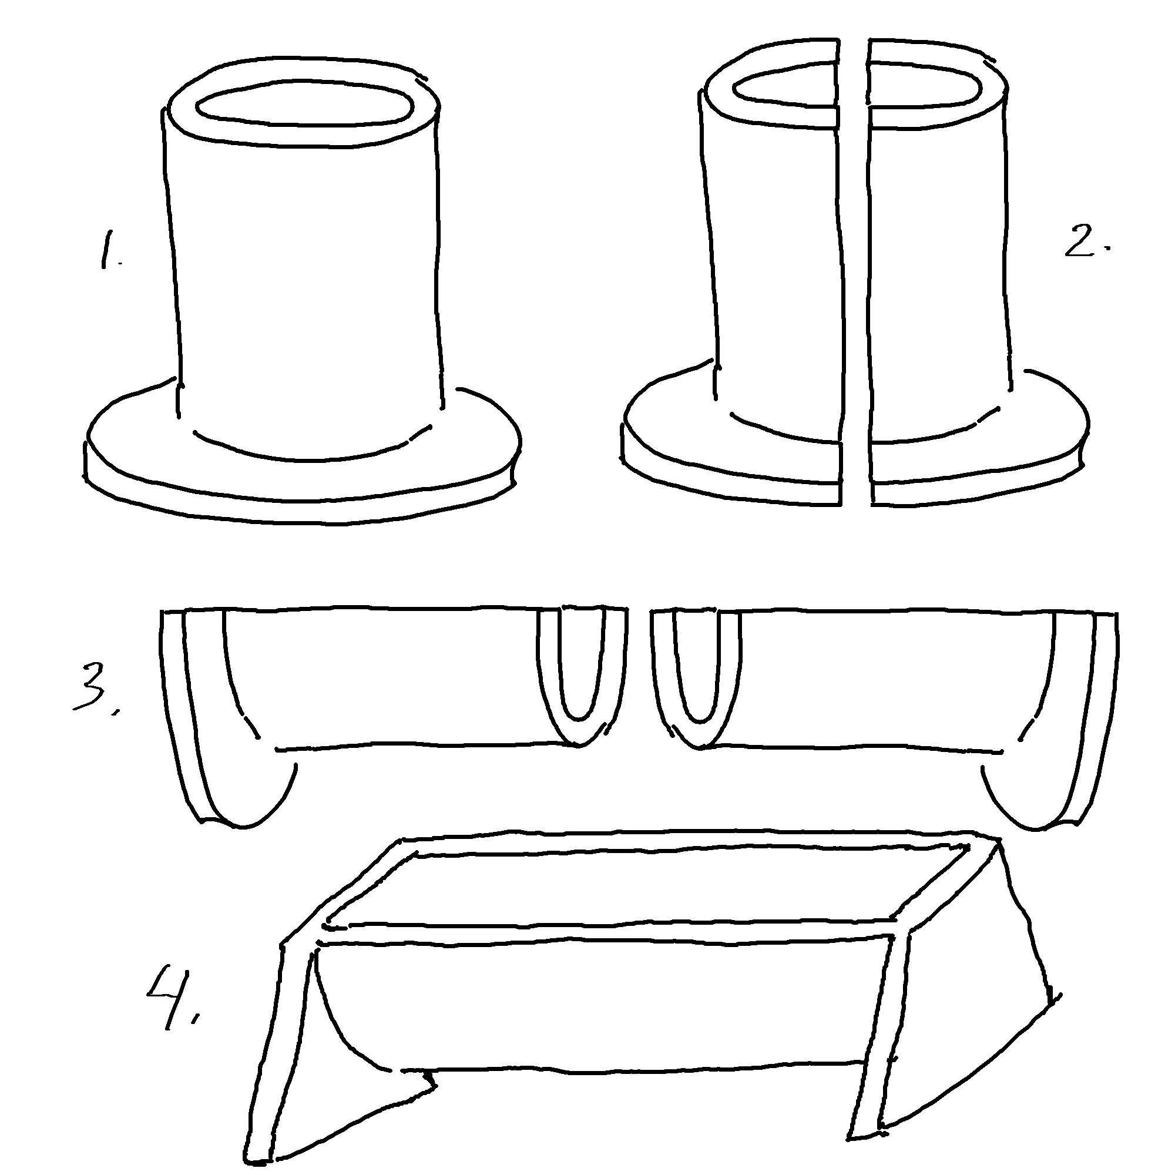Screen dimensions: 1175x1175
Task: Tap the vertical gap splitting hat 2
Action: coord(854,274)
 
